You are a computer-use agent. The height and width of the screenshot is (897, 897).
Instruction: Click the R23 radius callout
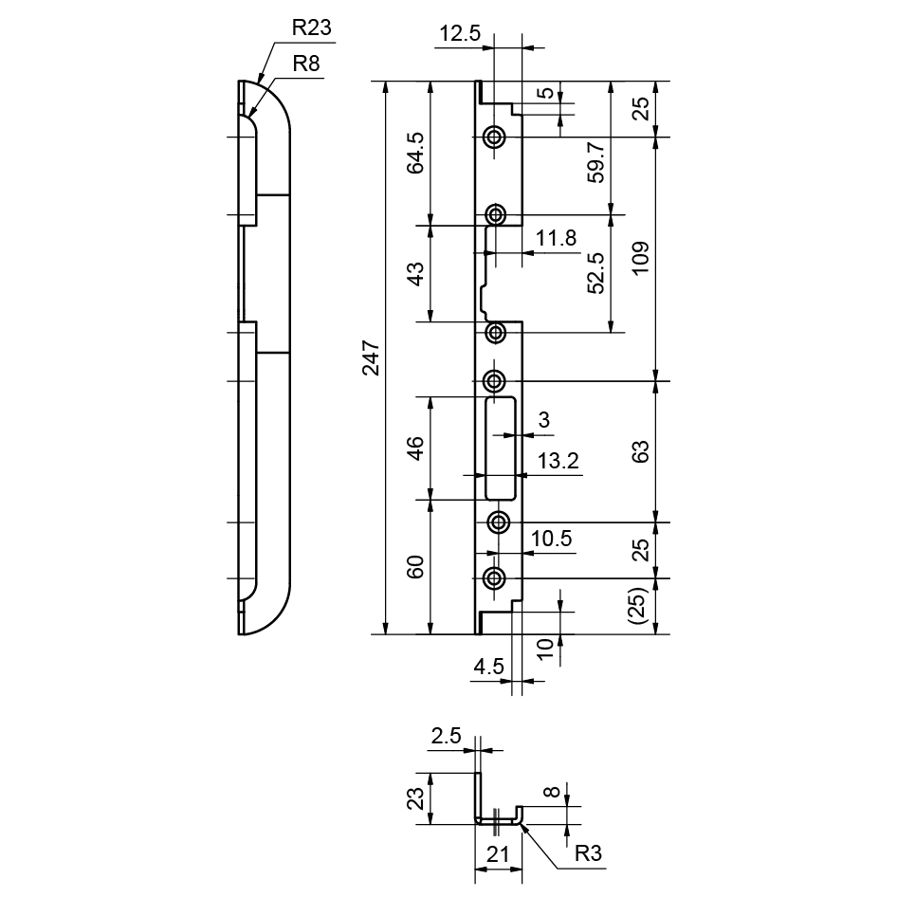(x=311, y=28)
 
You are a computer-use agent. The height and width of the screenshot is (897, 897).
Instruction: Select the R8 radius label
(x=304, y=64)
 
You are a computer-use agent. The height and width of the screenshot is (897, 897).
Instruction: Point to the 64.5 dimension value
(x=415, y=153)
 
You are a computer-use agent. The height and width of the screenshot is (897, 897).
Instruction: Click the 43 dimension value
(x=415, y=274)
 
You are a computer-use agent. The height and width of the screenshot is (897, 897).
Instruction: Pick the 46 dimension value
(x=415, y=447)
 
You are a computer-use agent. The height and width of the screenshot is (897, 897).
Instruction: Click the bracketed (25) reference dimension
(x=640, y=606)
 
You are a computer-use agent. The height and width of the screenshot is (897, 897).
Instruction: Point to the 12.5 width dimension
(x=460, y=35)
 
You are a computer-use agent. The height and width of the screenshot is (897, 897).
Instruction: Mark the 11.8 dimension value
(x=555, y=239)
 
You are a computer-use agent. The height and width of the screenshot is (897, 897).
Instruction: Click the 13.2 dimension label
(x=558, y=462)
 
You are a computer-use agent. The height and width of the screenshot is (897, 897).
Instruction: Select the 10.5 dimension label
(x=551, y=540)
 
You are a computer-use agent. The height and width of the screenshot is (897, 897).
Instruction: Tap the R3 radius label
(x=589, y=854)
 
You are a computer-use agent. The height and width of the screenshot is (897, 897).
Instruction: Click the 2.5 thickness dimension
(x=447, y=735)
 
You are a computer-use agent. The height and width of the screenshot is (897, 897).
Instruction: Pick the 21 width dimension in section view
(x=497, y=854)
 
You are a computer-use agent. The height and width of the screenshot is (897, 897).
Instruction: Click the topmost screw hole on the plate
(x=494, y=137)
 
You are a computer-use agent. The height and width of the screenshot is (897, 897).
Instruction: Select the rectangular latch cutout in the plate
(x=500, y=449)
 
